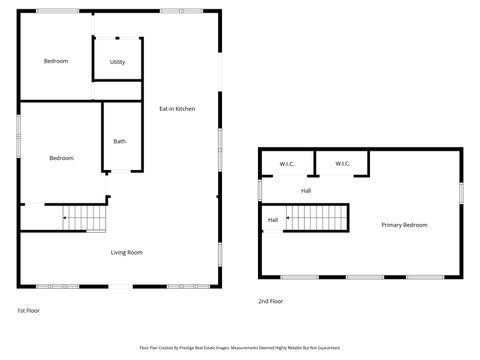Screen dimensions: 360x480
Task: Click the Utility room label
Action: tap(117, 62)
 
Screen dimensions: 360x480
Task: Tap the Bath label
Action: tap(120, 141)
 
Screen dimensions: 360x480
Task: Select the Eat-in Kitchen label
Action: tap(177, 108)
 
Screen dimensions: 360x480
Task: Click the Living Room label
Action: tap(126, 252)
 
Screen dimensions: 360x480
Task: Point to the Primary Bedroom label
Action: tap(404, 225)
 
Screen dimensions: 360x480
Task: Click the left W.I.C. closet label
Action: tap(287, 164)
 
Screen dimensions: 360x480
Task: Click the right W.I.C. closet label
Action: tap(342, 164)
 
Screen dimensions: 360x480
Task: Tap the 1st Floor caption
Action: tap(28, 311)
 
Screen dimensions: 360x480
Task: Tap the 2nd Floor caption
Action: tap(271, 301)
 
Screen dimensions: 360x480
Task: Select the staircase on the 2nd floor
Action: tap(317, 217)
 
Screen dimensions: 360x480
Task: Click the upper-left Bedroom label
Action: tap(56, 61)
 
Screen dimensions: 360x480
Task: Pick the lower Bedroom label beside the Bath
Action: tap(62, 158)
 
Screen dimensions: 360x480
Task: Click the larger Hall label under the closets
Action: tap(306, 190)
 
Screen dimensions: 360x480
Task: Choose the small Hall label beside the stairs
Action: tap(272, 220)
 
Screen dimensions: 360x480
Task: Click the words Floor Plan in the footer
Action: tap(148, 348)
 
